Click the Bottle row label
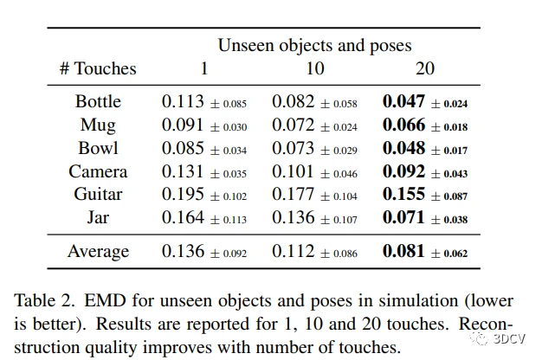(98, 101)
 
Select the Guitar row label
(98, 195)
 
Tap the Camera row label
(98, 171)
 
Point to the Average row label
(98, 252)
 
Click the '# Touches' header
(98, 68)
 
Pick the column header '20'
(424, 68)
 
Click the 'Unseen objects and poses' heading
(314, 45)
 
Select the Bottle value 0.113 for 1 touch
(183, 101)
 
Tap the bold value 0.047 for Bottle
(404, 101)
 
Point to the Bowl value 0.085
(183, 148)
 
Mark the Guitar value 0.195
(183, 195)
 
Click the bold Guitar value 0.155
(404, 195)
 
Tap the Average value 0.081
(404, 252)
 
